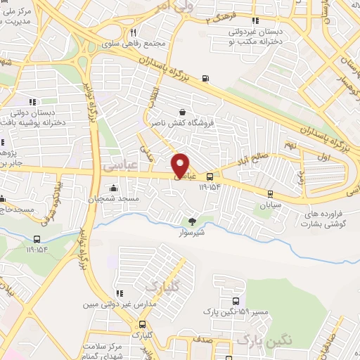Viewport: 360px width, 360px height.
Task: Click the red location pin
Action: coord(181,164)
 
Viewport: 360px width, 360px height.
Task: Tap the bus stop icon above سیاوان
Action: coord(270,193)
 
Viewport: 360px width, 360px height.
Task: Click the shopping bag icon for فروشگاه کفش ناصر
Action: coord(183,112)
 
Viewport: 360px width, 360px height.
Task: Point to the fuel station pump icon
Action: coord(205,78)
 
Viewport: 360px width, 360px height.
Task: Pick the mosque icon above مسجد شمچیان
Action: coord(114,189)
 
